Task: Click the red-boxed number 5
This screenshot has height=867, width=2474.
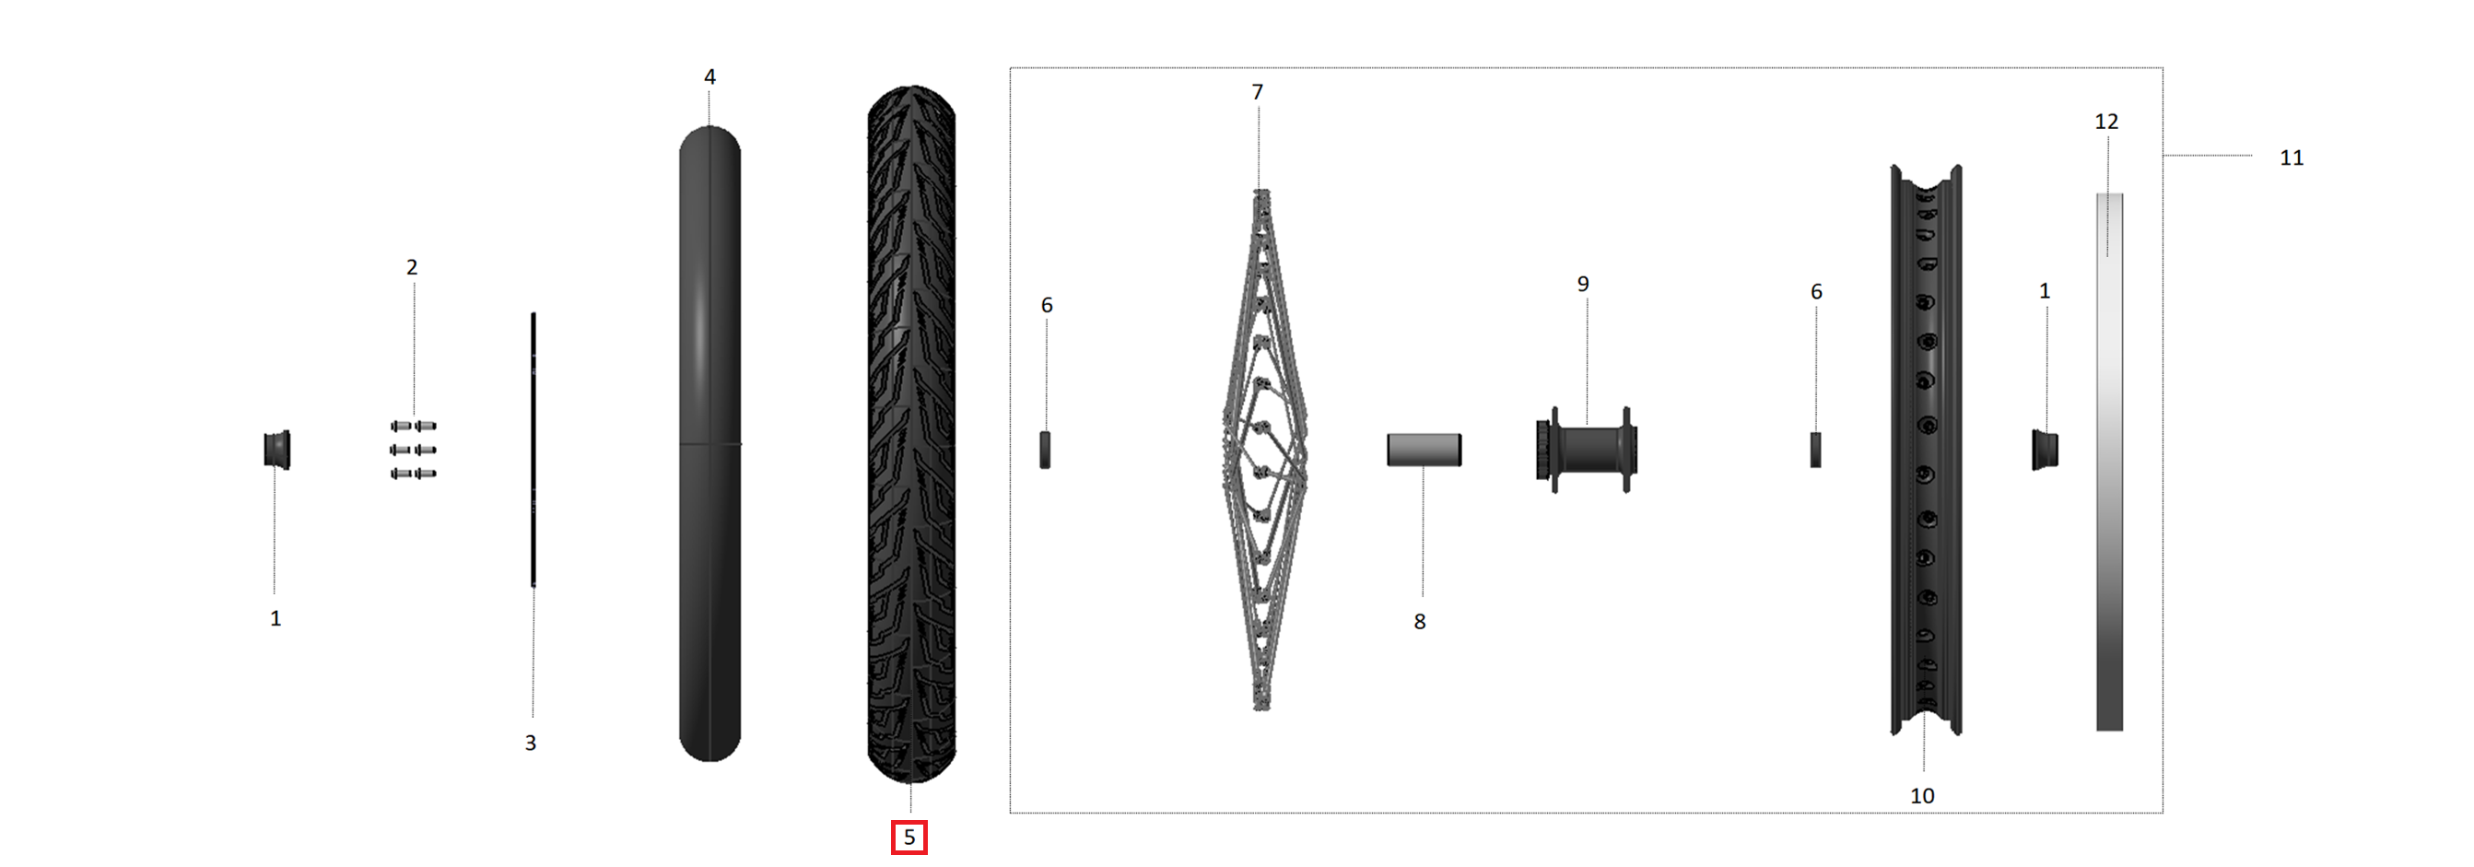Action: (x=909, y=838)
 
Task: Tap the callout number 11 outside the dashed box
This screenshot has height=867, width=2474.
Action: (x=2291, y=158)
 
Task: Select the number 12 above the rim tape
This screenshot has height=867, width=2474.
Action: (x=2105, y=122)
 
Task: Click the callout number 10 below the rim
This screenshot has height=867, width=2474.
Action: (x=1922, y=796)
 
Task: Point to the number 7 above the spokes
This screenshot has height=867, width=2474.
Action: (x=1257, y=92)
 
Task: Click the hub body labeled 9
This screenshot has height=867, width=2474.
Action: (x=1587, y=451)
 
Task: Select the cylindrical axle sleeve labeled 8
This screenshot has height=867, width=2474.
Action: (x=1424, y=450)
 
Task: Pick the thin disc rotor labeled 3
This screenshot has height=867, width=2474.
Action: (x=533, y=450)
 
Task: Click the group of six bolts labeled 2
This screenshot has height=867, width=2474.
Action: (x=413, y=450)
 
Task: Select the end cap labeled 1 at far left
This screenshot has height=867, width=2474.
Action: (x=276, y=450)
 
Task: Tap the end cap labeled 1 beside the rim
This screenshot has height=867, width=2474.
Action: (x=2044, y=450)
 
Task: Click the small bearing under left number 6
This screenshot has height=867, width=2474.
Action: (x=1045, y=450)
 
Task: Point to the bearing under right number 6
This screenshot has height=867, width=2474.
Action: (x=1815, y=450)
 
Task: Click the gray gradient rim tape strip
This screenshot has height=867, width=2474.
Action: (x=2109, y=461)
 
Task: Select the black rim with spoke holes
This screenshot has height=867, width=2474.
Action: (x=1926, y=450)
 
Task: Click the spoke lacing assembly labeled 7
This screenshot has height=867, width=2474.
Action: (x=1263, y=450)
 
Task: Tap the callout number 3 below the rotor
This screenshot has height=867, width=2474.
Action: (x=530, y=744)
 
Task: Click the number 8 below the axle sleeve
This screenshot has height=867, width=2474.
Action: (x=1420, y=622)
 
